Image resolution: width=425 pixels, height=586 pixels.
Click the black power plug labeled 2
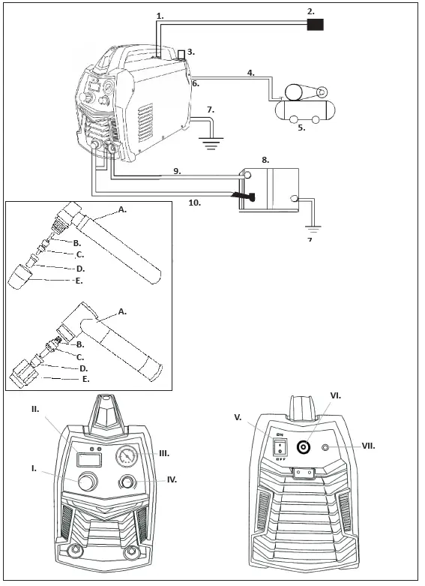click(316, 25)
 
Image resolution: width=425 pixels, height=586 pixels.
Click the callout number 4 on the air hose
click(251, 73)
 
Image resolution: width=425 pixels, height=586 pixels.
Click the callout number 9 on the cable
click(177, 171)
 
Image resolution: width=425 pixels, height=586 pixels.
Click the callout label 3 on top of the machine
click(190, 52)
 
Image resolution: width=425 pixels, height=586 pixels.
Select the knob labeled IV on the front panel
click(128, 482)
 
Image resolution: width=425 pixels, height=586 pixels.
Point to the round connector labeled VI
click(304, 448)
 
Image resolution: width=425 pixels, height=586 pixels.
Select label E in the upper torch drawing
click(79, 281)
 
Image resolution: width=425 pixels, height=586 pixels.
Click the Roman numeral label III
click(163, 453)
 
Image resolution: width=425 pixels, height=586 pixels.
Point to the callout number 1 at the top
click(159, 15)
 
